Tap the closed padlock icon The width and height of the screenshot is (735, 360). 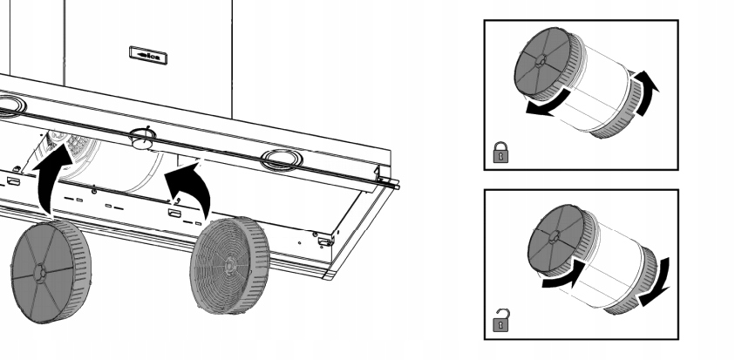pyautogui.click(x=500, y=153)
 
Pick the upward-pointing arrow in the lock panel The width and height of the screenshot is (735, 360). pyautogui.click(x=646, y=92)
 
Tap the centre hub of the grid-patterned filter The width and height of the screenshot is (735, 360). pyautogui.click(x=225, y=262)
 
